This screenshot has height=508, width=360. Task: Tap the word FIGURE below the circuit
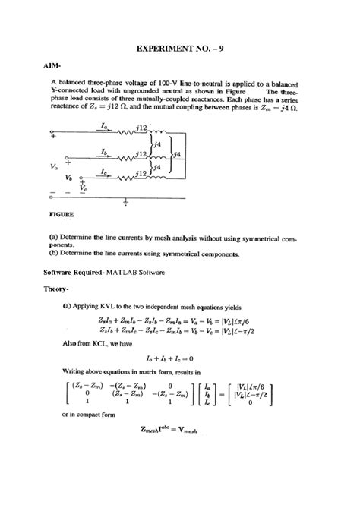(x=62, y=214)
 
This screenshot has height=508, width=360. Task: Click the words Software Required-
(x=78, y=271)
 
